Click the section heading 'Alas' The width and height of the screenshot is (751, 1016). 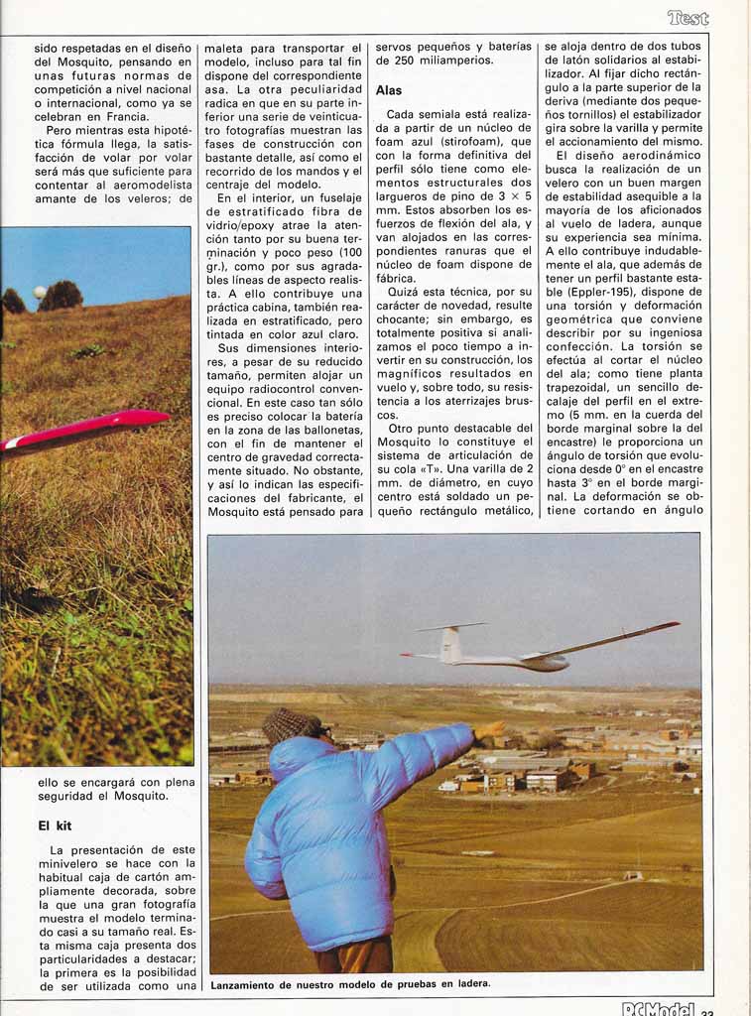389,90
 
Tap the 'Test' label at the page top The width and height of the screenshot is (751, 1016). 688,17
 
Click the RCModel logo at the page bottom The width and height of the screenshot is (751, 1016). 658,1008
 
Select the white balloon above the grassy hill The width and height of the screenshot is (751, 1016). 40,292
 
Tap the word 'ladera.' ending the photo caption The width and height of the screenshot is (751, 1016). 469,984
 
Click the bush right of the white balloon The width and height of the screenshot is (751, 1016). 62,295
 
